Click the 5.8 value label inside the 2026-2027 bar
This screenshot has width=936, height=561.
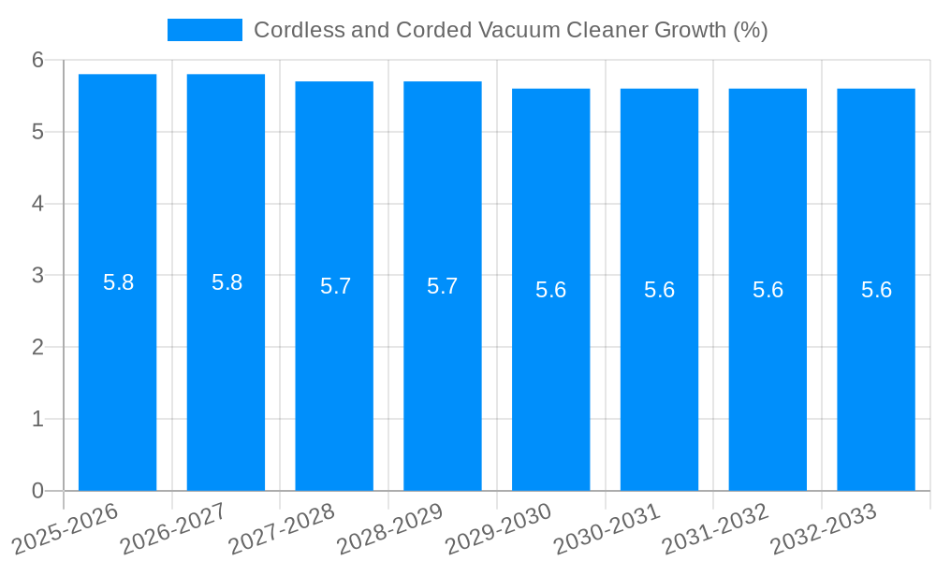tap(227, 282)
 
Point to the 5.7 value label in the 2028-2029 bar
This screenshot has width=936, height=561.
tap(443, 286)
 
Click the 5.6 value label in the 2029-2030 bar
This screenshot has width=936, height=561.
tap(551, 290)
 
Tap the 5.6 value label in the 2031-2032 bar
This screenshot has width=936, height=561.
tap(768, 290)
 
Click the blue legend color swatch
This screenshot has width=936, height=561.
tap(204, 30)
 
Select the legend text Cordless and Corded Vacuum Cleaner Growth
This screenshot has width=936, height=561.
tap(510, 30)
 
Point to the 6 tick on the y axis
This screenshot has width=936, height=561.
tap(37, 60)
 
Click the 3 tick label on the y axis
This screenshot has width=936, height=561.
tap(37, 276)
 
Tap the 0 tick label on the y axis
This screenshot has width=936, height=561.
tap(37, 491)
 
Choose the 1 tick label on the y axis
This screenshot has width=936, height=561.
tap(37, 419)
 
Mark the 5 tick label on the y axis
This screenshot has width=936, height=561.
tap(37, 132)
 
